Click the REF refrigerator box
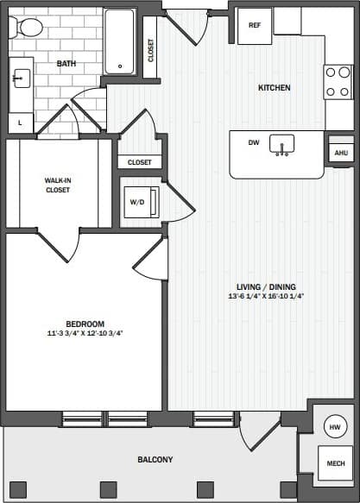255,25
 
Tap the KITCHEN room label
274,88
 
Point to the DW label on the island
254,143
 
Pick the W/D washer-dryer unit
139,203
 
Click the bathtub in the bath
120,41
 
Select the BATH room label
66,64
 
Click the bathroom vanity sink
21,79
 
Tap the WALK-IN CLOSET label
58,185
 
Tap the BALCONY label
155,460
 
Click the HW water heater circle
333,427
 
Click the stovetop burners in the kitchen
338,82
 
